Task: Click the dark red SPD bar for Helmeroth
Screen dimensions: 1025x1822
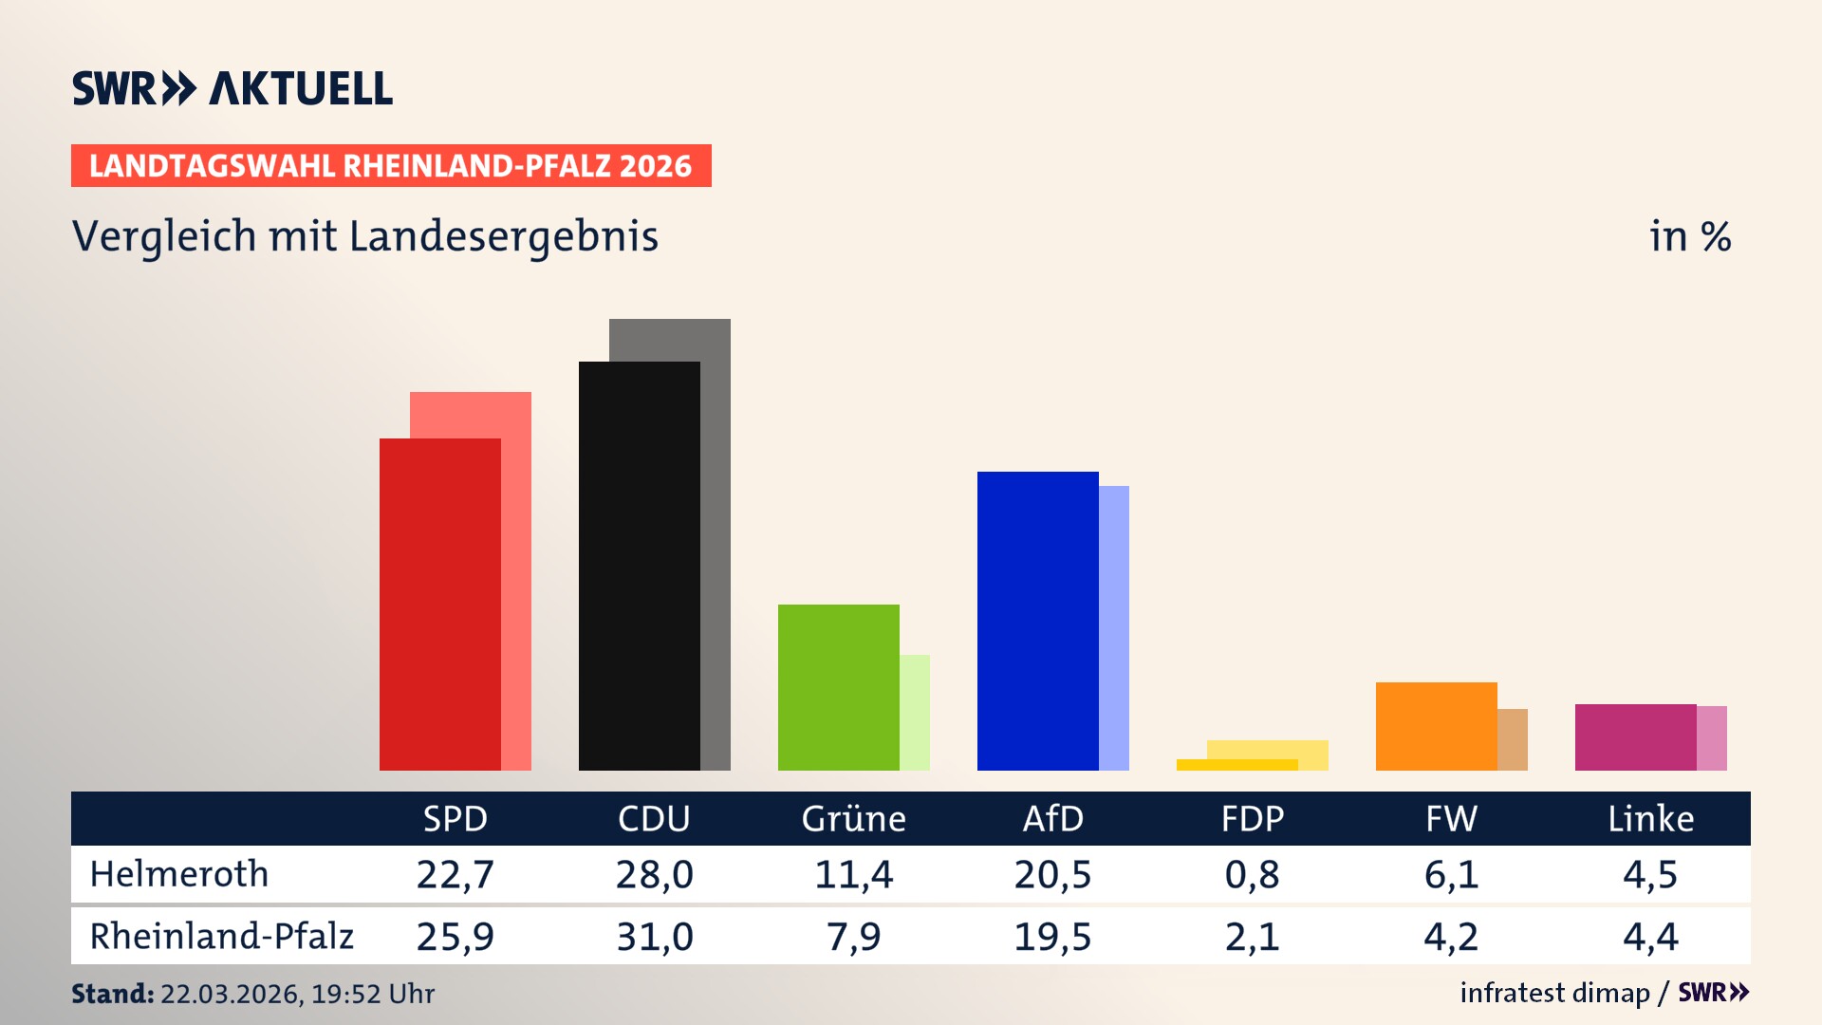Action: (x=439, y=604)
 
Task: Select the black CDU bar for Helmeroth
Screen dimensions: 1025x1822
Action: (x=639, y=566)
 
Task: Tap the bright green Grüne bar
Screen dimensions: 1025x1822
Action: (x=838, y=687)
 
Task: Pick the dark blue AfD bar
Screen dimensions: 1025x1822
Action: (x=1037, y=621)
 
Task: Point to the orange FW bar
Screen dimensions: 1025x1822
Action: (x=1436, y=726)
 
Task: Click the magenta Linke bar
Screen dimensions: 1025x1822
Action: (x=1635, y=736)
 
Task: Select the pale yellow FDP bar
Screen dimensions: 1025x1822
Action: (x=1268, y=749)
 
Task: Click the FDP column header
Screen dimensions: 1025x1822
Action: (x=1252, y=818)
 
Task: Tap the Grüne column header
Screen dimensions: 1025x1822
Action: (x=853, y=818)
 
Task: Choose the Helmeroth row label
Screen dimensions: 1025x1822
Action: (x=179, y=874)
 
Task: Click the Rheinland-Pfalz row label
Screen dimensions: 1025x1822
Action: (x=221, y=937)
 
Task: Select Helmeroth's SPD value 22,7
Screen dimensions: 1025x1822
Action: (x=455, y=874)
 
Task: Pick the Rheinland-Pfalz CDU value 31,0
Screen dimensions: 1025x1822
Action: (x=655, y=937)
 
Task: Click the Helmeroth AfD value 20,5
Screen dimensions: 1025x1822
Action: (x=1052, y=874)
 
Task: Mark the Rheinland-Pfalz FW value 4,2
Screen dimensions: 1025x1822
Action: (x=1451, y=937)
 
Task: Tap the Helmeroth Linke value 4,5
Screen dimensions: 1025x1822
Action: (x=1650, y=874)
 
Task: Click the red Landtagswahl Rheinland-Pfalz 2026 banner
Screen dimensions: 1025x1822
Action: (x=391, y=166)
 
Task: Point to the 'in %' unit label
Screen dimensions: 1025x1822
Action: (x=1689, y=236)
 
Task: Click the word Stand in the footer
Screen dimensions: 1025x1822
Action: (x=112, y=994)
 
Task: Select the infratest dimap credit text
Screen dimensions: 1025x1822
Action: (x=1554, y=993)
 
